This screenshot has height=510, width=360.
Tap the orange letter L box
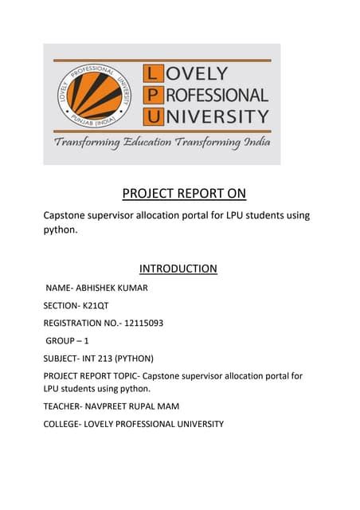[x=152, y=76]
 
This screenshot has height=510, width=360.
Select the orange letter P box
[x=152, y=96]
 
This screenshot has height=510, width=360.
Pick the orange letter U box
[x=152, y=116]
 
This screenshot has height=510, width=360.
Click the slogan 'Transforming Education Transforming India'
[x=162, y=143]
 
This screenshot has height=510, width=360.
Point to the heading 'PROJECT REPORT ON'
[x=184, y=194]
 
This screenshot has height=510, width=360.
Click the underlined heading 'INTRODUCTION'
[x=178, y=269]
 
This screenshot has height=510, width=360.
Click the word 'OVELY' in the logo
[x=198, y=76]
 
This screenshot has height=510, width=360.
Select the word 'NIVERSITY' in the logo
[x=217, y=116]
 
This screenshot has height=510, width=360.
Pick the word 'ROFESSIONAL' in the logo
[x=217, y=96]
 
